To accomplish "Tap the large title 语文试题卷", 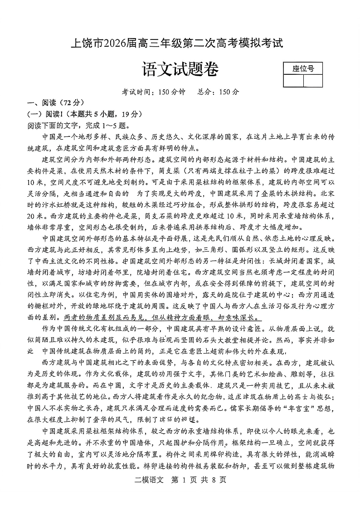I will [x=180, y=69].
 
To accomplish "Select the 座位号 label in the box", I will [x=302, y=69].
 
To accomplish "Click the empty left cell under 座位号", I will [x=293, y=81].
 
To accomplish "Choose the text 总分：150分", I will [x=218, y=92].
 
